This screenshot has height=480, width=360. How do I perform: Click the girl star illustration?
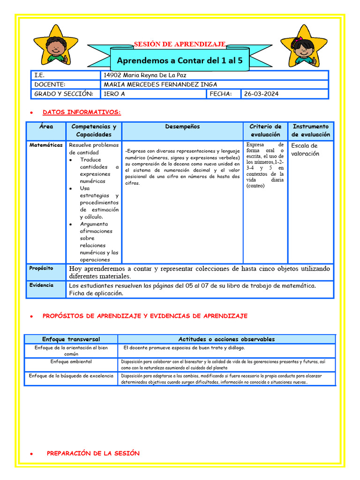304,46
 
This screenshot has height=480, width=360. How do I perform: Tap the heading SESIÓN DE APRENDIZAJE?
180,44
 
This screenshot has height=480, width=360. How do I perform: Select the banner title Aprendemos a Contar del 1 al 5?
180,61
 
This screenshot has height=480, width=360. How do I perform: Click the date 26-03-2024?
261,94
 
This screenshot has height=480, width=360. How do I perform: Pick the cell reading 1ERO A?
114,94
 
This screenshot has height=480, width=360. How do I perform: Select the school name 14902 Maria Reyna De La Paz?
148,75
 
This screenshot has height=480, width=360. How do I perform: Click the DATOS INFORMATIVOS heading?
82,112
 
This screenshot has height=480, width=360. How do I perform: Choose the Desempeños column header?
182,127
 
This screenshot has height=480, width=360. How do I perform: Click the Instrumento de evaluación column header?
311,130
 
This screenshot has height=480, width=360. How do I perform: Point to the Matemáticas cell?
46,145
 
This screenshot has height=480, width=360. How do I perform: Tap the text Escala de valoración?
305,150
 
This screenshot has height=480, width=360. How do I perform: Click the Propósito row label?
41,268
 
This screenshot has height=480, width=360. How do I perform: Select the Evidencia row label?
41,285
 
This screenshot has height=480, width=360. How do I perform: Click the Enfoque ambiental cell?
71,362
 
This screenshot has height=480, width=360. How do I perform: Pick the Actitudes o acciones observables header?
226,339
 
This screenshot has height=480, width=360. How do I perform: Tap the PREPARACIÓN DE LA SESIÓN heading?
93,453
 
